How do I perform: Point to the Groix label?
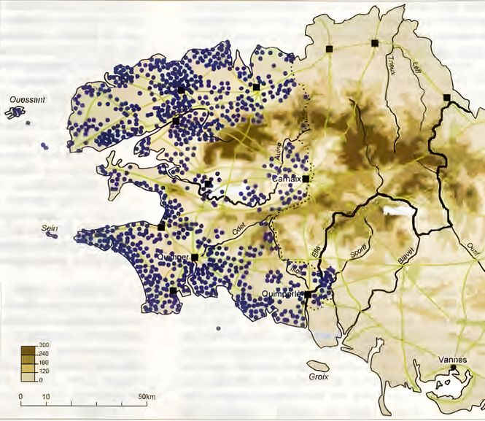[319, 377]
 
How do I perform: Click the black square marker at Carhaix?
[306, 178]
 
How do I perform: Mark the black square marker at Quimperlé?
[308, 295]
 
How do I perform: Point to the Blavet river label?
[407, 257]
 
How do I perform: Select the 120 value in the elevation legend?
[44, 371]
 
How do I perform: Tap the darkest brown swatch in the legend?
[28, 349]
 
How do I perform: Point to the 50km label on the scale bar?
[147, 396]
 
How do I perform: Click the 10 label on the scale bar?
[46, 396]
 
